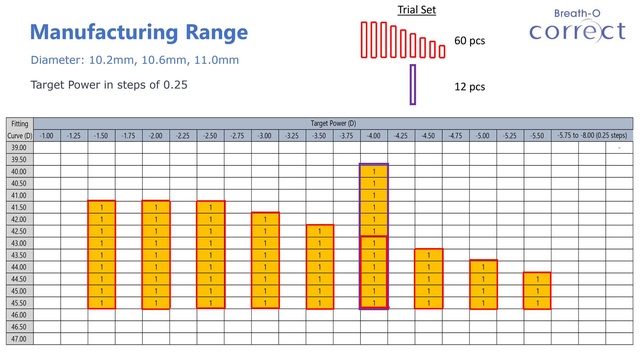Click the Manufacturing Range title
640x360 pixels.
click(x=139, y=33)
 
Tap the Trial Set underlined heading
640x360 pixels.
click(x=416, y=10)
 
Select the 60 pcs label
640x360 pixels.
click(x=469, y=41)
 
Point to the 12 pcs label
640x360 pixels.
click(x=469, y=87)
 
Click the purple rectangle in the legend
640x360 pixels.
click(x=413, y=85)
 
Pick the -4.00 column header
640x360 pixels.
click(x=374, y=136)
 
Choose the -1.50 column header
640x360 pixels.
click(x=101, y=136)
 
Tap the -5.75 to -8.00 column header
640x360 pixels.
click(x=592, y=136)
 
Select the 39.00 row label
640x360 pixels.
click(x=19, y=148)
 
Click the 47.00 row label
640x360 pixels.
click(x=19, y=339)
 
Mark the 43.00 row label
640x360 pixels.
click(x=19, y=243)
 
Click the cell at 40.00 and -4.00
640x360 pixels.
click(x=374, y=172)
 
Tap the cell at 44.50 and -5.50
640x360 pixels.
click(x=537, y=279)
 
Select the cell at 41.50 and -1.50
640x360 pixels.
click(x=101, y=207)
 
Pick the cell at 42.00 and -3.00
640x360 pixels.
click(x=265, y=219)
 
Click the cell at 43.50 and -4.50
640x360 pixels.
click(x=428, y=255)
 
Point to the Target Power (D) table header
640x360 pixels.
click(x=333, y=123)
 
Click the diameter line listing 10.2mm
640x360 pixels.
click(x=135, y=60)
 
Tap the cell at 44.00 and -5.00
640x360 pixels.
click(x=483, y=267)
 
